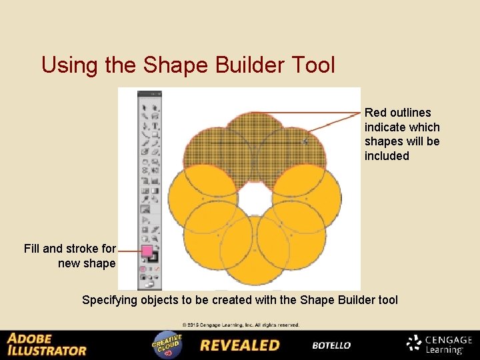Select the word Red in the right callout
376,113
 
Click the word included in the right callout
387,156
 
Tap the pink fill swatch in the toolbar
147,251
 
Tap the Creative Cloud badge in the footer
167,345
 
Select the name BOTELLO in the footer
331,345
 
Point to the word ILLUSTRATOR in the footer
47,350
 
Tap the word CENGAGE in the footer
449,340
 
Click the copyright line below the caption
241,325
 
